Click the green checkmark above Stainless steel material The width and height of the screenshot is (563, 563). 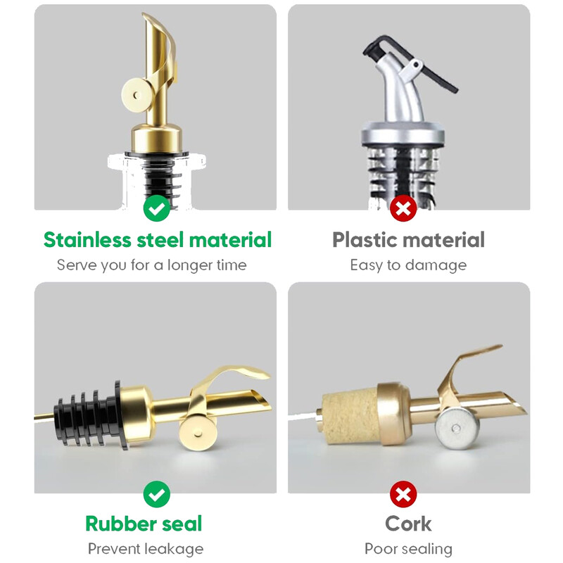[x=156, y=208]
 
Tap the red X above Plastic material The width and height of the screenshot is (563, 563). [x=403, y=208]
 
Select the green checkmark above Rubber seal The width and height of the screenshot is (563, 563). [x=156, y=494]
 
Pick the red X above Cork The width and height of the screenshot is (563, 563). [x=403, y=494]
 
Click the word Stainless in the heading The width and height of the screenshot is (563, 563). [x=87, y=239]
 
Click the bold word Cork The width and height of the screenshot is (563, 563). [x=408, y=524]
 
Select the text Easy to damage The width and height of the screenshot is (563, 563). [x=408, y=265]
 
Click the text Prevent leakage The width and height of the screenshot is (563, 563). [x=146, y=549]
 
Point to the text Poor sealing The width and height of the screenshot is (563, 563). [x=408, y=549]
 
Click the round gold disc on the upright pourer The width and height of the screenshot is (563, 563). [x=137, y=95]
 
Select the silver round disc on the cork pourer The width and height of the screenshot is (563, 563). [x=457, y=428]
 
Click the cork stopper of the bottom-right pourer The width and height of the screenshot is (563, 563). [x=350, y=417]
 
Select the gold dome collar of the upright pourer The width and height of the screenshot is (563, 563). [x=156, y=138]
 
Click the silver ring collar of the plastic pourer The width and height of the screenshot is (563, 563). [x=403, y=133]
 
